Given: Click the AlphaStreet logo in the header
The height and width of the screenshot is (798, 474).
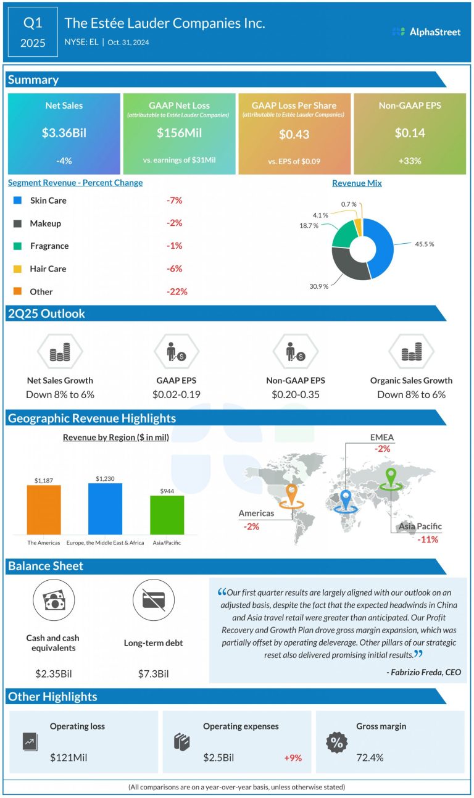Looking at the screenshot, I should point(426,31).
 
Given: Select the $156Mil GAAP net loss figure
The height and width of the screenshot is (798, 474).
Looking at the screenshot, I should point(179,133).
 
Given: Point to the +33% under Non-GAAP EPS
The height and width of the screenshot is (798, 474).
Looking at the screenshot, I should point(409,161).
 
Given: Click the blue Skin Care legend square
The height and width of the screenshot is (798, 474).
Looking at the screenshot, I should point(17,201).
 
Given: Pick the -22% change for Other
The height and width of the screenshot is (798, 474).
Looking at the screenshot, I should point(177,291).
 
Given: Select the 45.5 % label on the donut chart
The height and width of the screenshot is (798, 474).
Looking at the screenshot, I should point(423,244).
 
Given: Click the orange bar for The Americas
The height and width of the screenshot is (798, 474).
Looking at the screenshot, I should point(44,509).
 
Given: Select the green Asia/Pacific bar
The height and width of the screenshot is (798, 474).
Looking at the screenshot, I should point(167,515).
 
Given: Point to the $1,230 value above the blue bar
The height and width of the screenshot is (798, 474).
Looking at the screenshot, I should point(105,478).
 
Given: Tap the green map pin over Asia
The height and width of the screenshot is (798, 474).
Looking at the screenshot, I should point(389,478).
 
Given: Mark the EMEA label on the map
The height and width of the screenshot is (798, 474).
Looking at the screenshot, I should point(381,438).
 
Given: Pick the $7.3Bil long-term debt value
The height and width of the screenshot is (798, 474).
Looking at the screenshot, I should point(153,673).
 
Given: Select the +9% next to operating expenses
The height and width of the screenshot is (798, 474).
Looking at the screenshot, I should point(293,757).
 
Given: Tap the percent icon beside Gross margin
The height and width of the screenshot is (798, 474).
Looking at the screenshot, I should point(336,743).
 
